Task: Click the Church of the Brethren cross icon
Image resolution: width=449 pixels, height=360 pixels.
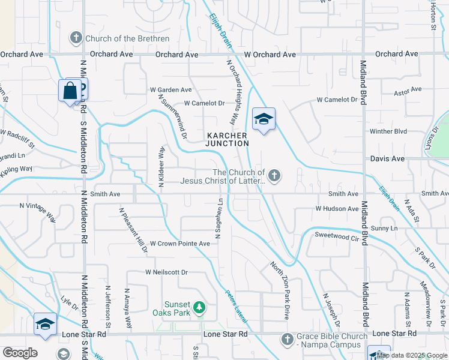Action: [x=76, y=38]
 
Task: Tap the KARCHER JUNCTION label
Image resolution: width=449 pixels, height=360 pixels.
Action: [x=227, y=139]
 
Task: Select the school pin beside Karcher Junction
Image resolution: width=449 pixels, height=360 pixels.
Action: [x=263, y=119]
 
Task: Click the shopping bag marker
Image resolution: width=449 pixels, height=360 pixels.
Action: [x=70, y=91]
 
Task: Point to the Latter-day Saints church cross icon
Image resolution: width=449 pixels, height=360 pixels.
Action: [x=274, y=176]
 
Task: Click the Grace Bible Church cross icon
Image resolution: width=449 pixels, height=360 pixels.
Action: [x=287, y=340]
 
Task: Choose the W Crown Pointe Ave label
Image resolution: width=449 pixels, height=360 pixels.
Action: [x=179, y=244]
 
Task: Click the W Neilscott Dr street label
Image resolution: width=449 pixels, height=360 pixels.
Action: [x=166, y=272]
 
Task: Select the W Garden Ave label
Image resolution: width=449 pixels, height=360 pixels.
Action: [x=170, y=90]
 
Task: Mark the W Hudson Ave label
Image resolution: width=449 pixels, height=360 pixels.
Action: [x=337, y=209]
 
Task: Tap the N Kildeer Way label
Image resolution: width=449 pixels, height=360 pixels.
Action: [x=161, y=167]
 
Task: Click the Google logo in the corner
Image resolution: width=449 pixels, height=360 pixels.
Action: [x=20, y=353]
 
